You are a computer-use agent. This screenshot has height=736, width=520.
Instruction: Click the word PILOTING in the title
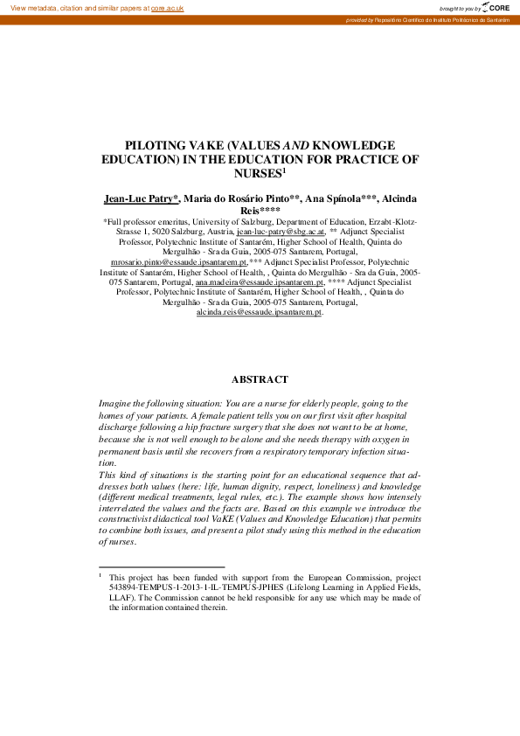[156, 145]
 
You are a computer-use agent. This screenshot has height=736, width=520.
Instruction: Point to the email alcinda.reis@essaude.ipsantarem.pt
[260, 312]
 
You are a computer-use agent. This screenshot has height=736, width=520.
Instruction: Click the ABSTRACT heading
[260, 379]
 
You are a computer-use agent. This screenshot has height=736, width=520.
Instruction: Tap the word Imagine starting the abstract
[118, 404]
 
